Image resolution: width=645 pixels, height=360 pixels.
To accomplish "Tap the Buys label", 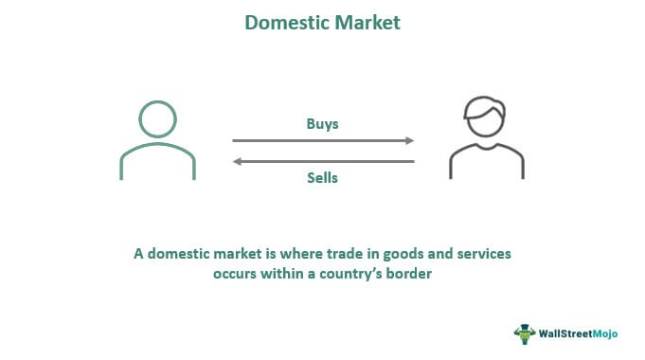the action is point(322,123).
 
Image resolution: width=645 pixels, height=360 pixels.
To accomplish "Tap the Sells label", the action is point(322,177).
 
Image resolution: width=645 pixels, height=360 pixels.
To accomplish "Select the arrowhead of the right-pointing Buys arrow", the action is point(410,141).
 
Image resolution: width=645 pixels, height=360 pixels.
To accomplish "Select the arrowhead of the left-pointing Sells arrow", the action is point(237,161).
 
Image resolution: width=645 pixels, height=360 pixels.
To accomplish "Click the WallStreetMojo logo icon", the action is point(524,333).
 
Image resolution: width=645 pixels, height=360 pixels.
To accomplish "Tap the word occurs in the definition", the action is point(236,276).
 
